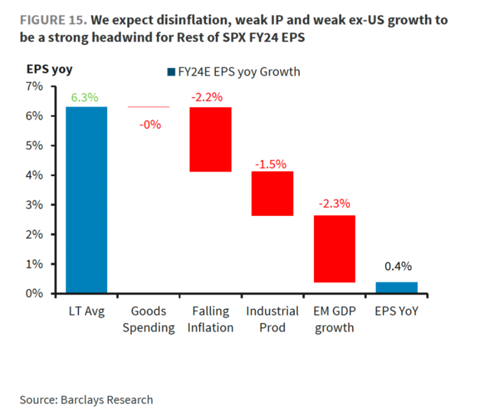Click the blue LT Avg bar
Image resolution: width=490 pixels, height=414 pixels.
click(86, 200)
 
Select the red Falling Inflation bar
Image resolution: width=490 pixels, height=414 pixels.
click(211, 139)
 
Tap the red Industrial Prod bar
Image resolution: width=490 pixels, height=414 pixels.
click(272, 194)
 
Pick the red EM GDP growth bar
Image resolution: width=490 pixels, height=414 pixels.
click(333, 249)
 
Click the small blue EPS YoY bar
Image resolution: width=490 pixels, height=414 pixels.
click(397, 288)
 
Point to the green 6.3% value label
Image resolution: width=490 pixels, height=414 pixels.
click(84, 98)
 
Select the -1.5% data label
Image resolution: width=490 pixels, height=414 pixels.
click(272, 163)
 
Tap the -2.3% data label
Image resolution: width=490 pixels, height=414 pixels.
click(333, 204)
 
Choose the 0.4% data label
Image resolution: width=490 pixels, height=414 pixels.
click(398, 267)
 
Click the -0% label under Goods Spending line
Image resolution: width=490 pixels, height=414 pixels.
click(150, 124)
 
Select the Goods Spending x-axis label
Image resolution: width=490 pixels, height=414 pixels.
click(149, 320)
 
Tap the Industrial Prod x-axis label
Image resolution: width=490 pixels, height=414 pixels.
click(273, 320)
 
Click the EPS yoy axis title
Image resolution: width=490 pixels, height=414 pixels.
click(51, 70)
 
